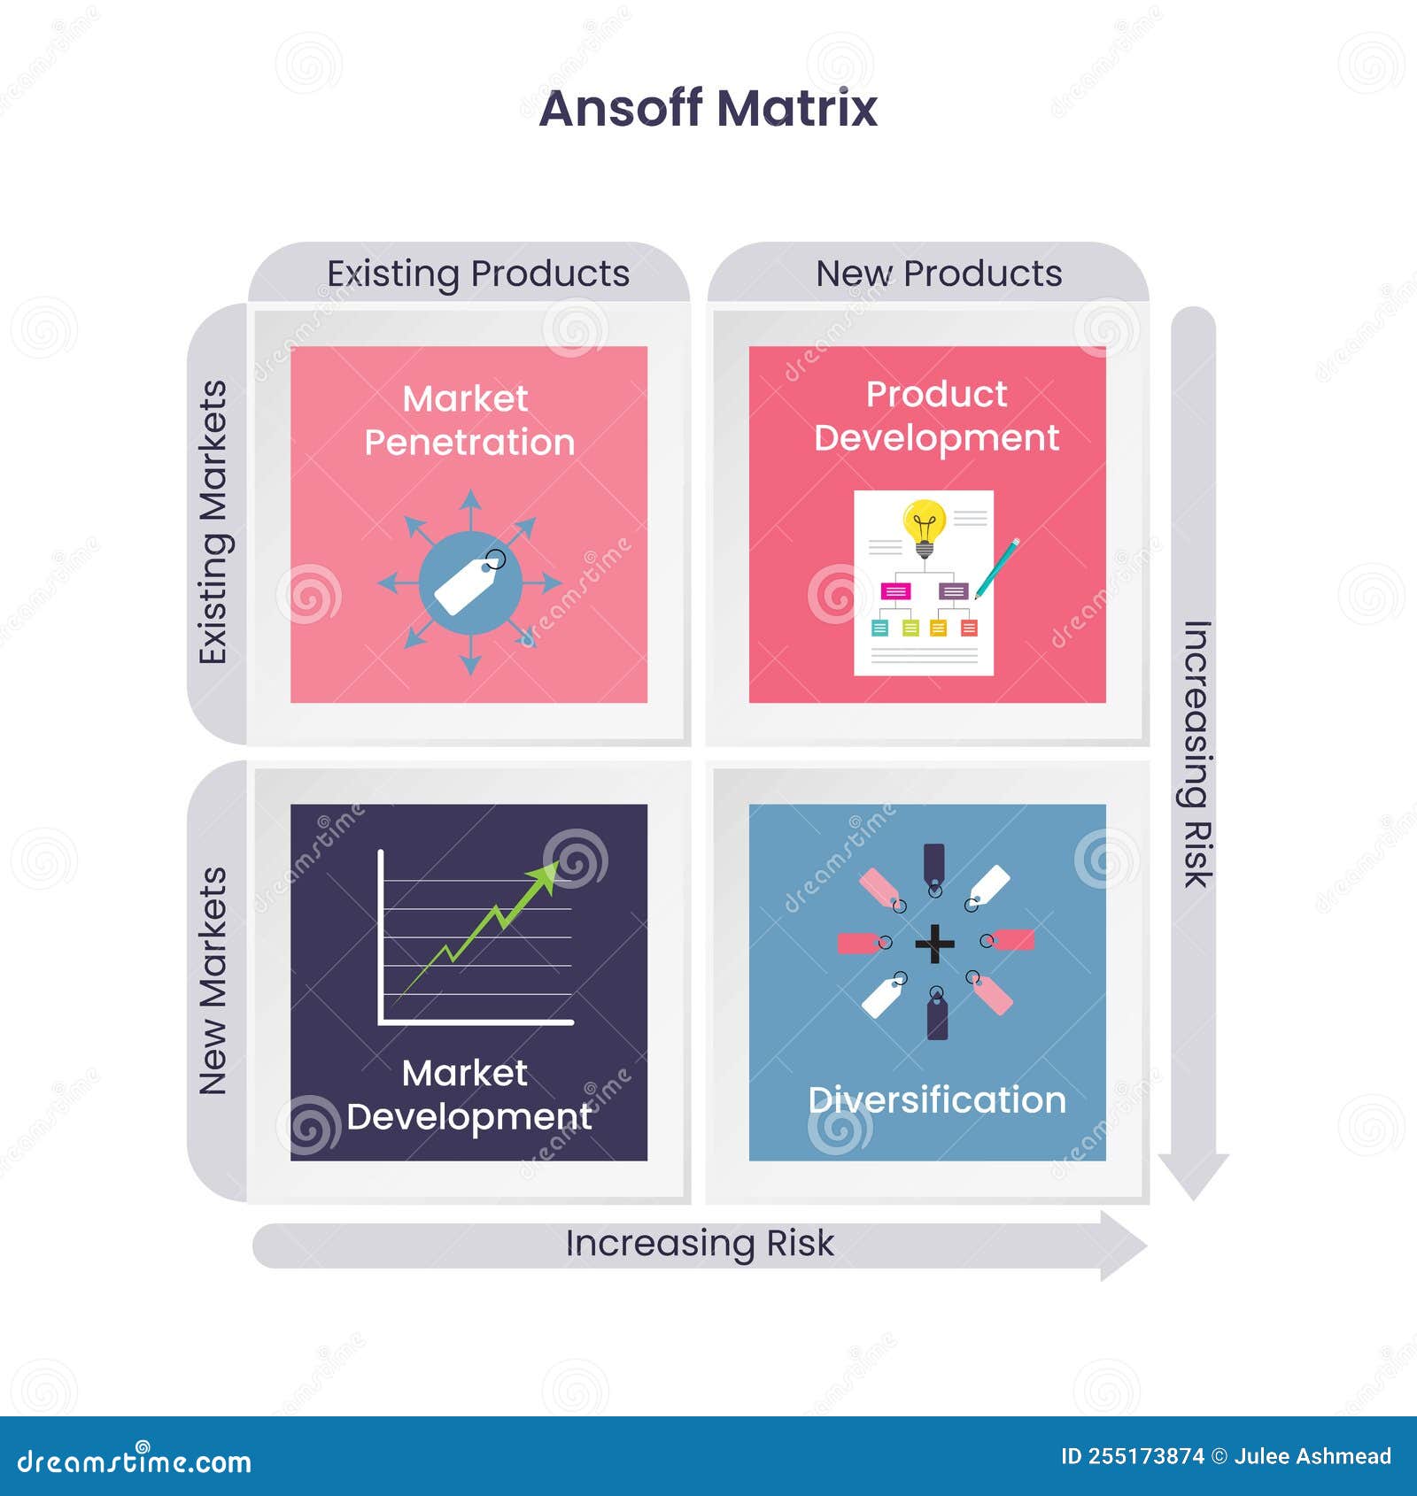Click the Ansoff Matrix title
pyautogui.click(x=708, y=108)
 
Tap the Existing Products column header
pyautogui.click(x=478, y=274)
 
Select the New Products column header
pyautogui.click(x=939, y=274)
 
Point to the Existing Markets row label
pyautogui.click(x=213, y=522)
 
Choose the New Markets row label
pyautogui.click(x=213, y=981)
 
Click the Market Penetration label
pyautogui.click(x=469, y=420)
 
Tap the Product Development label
pyautogui.click(x=936, y=416)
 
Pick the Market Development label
pyautogui.click(x=469, y=1095)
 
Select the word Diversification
pyautogui.click(x=937, y=1099)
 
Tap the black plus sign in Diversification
pyautogui.click(x=934, y=944)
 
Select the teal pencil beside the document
pyautogui.click(x=997, y=568)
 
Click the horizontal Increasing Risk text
pyautogui.click(x=700, y=1243)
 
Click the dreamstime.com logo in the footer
pyautogui.click(x=135, y=1461)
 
